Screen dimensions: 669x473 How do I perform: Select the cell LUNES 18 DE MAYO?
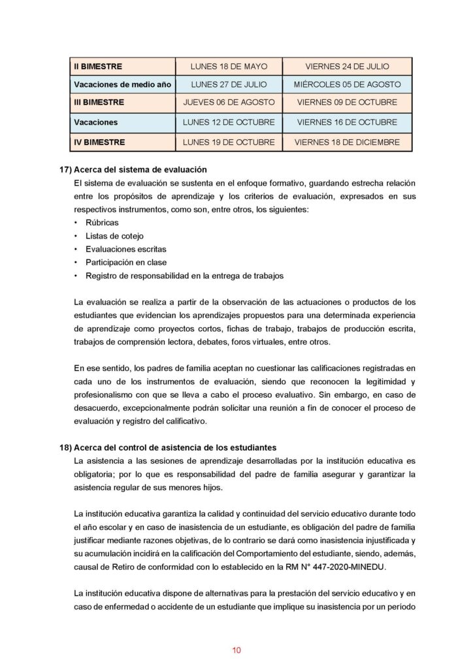click(x=229, y=66)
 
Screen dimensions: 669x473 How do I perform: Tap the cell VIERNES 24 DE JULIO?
click(x=347, y=66)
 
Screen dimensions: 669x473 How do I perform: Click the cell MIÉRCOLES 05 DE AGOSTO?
click(x=347, y=84)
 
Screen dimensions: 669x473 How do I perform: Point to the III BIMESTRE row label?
click(x=99, y=103)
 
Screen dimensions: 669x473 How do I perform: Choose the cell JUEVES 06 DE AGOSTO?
click(x=229, y=103)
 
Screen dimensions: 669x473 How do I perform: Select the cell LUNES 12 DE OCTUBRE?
click(x=229, y=122)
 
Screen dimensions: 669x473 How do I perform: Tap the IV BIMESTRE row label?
click(x=99, y=141)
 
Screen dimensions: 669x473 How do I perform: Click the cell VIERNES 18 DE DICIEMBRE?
click(x=347, y=141)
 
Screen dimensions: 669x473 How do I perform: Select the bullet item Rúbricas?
click(x=102, y=223)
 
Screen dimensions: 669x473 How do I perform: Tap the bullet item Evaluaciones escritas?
click(x=126, y=249)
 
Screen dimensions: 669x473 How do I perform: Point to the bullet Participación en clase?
click(x=126, y=263)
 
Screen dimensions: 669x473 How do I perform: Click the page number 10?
click(x=236, y=650)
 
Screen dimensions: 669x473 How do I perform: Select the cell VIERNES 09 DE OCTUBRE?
click(x=347, y=103)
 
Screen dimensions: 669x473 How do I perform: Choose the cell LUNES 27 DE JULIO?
click(x=229, y=84)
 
